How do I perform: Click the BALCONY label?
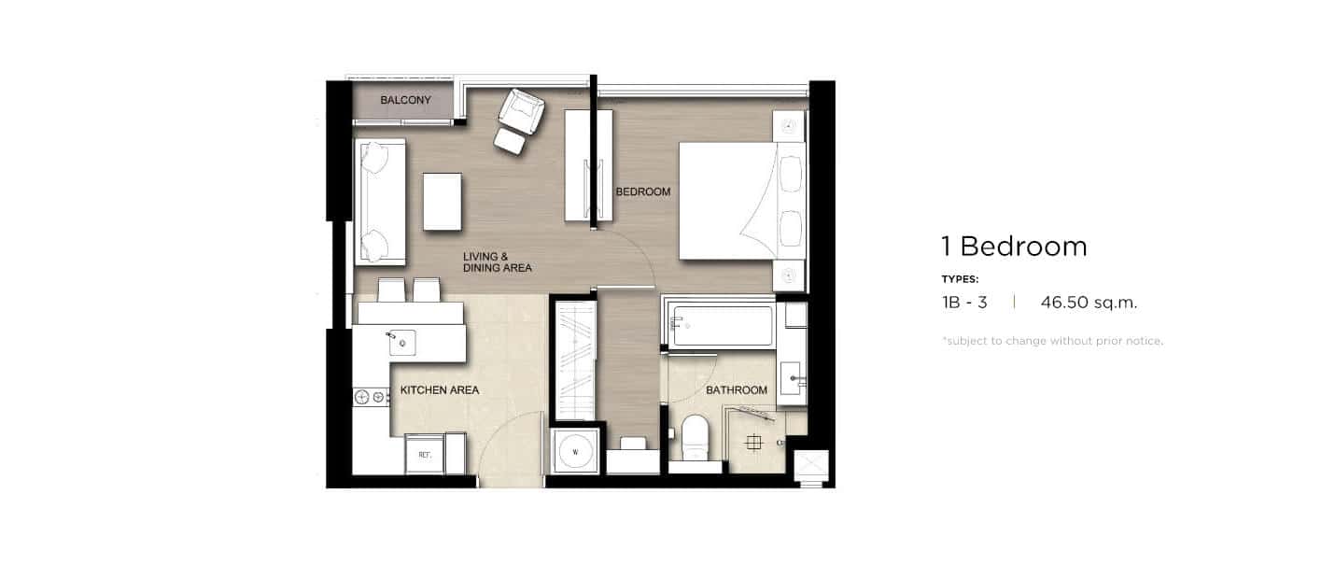(x=405, y=100)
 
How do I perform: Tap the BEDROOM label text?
(x=643, y=192)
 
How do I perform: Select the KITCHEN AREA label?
(x=439, y=390)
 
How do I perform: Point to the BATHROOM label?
(x=737, y=390)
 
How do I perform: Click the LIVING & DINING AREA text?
(x=497, y=262)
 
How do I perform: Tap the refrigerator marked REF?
(x=425, y=455)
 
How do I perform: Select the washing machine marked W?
(x=575, y=451)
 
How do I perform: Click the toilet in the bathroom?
(x=695, y=438)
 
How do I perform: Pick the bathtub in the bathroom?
(x=721, y=324)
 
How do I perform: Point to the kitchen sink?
(x=402, y=343)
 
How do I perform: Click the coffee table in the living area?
(x=443, y=202)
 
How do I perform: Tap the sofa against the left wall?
(x=380, y=202)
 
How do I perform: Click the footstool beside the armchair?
(x=510, y=141)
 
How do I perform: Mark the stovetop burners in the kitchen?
(x=370, y=397)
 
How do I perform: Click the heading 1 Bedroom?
(x=1015, y=247)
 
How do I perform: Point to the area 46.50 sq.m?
(x=1089, y=303)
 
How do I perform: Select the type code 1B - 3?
(x=964, y=303)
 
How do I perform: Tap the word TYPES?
(x=960, y=279)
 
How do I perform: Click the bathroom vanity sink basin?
(x=791, y=377)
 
